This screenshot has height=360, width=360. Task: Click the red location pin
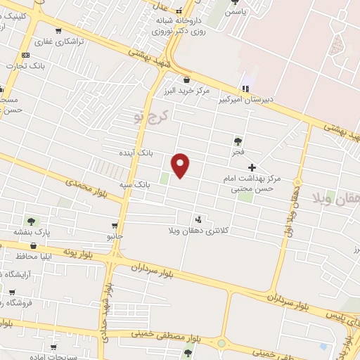point(181,165)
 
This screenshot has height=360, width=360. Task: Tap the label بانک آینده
point(136,152)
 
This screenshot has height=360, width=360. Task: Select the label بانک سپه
point(135,184)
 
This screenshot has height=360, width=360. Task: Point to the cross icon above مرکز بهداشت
point(252,167)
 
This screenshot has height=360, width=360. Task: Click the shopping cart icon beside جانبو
point(114,226)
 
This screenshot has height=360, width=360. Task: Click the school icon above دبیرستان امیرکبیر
point(245,89)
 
